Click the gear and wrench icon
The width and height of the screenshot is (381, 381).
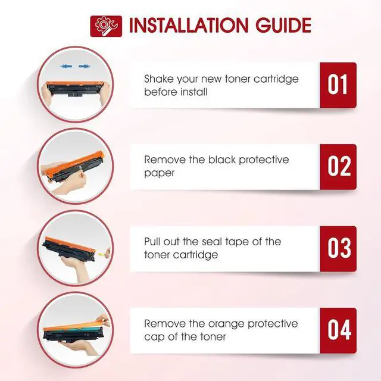(106, 26)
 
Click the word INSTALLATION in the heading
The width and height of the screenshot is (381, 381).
(189, 25)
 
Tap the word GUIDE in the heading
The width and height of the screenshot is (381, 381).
(283, 25)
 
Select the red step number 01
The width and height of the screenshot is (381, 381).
(338, 85)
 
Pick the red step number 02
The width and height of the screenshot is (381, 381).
(338, 167)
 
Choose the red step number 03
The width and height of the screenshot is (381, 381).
(338, 249)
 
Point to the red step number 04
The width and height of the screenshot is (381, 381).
(338, 330)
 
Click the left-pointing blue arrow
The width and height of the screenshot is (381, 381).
(66, 66)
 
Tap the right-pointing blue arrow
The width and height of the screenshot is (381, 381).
(85, 66)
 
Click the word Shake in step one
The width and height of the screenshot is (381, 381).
(159, 79)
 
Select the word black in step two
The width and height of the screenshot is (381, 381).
(222, 160)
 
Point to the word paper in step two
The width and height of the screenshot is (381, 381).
(159, 173)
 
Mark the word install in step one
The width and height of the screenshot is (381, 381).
(193, 92)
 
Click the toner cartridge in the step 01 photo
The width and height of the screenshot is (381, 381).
(75, 89)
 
